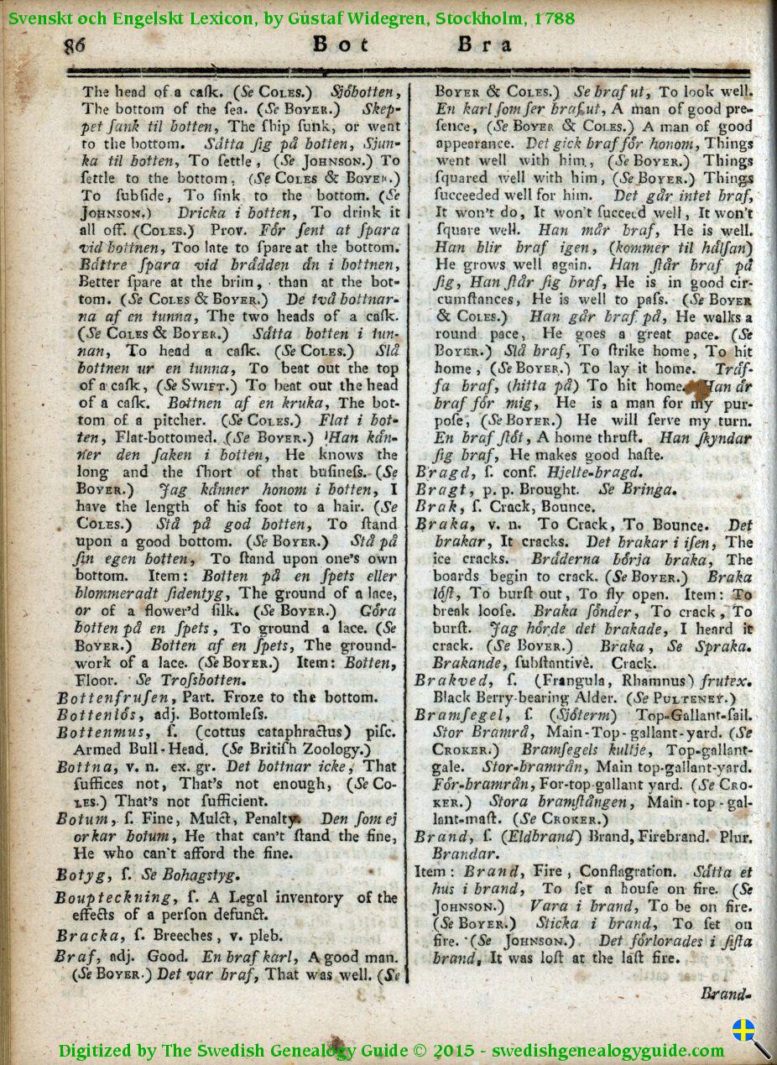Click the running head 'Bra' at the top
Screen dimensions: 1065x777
tap(484, 44)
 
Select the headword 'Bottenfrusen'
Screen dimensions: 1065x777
tap(112, 697)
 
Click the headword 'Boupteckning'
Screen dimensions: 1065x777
tap(110, 897)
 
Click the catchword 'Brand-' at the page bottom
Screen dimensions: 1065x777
tap(725, 994)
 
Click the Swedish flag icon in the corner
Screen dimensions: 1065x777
tap(743, 1031)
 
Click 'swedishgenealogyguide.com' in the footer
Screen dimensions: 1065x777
tap(608, 1051)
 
